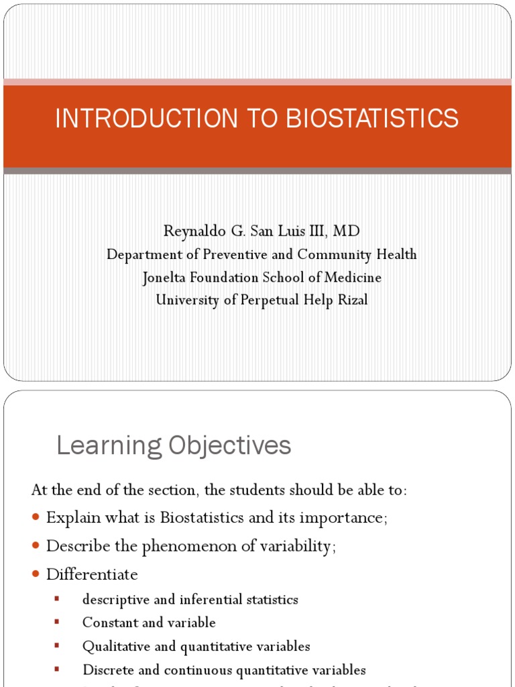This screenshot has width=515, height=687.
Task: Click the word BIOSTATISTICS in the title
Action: click(x=373, y=118)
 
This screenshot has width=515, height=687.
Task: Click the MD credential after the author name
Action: click(x=346, y=231)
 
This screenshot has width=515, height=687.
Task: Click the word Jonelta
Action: click(x=167, y=277)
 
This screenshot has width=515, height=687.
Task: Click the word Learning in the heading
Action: click(x=109, y=445)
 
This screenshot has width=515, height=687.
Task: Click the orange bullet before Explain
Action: click(x=36, y=518)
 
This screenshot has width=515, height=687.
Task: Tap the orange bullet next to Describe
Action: click(x=36, y=546)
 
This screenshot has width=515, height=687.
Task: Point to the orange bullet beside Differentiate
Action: click(x=36, y=574)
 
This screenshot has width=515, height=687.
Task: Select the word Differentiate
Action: click(x=92, y=574)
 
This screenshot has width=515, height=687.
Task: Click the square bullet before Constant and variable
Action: click(x=57, y=622)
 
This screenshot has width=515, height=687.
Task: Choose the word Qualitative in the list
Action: click(x=112, y=646)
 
